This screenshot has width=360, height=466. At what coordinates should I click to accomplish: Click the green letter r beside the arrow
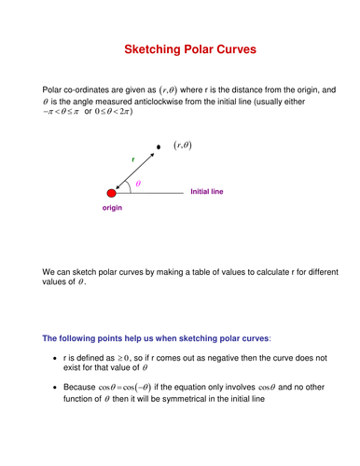pos(132,161)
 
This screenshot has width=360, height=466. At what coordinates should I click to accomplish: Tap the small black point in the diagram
pos(159,146)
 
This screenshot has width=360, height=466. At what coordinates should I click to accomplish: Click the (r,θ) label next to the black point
pos(184,145)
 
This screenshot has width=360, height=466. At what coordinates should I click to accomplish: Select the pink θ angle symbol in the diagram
pos(138,184)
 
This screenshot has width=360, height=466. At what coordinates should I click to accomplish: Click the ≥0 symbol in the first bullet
pos(117,357)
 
